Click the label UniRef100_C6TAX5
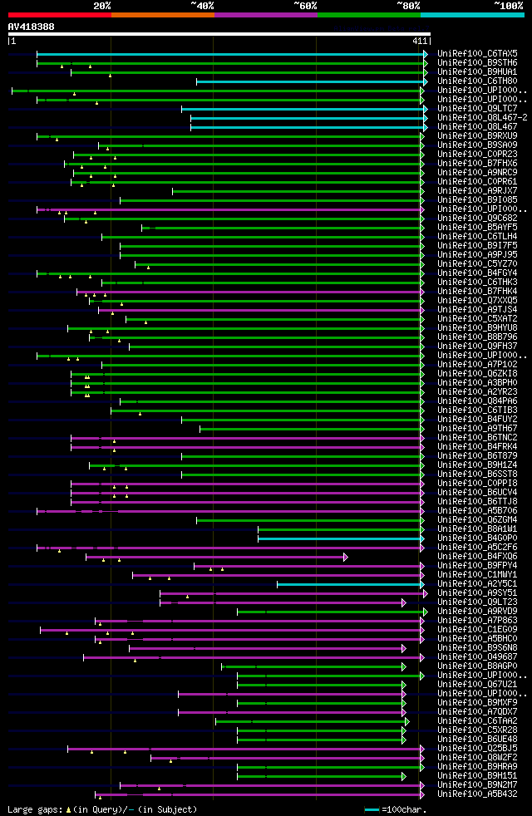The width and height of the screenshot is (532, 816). point(476,53)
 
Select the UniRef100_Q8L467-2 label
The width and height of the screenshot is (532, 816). point(481,117)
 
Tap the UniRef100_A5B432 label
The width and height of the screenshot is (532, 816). point(476,794)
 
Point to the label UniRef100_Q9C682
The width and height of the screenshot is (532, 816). point(476,218)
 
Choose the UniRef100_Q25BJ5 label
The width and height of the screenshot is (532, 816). point(476,748)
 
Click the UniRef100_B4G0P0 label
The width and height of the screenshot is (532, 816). point(476,538)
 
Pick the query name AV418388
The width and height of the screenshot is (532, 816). point(31,27)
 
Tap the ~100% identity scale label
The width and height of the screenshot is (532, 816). point(508,5)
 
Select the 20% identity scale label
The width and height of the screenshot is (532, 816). point(102,5)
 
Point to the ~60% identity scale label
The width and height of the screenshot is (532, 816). point(305,5)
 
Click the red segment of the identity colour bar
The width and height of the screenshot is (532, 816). point(59,14)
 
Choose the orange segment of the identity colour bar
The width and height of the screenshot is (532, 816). point(162,14)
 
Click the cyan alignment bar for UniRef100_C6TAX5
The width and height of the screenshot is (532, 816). point(229,53)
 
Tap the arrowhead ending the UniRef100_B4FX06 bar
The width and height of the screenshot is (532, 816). point(345,557)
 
